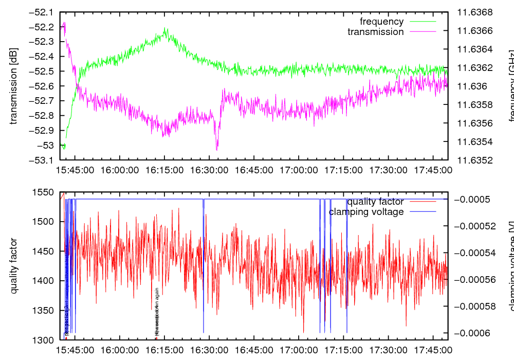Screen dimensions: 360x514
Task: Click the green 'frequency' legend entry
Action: pyautogui.click(x=381, y=22)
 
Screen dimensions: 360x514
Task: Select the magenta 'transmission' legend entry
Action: pyautogui.click(x=376, y=32)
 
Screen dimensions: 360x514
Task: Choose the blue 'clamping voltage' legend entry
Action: pyautogui.click(x=366, y=212)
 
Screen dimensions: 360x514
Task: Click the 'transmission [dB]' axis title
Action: pyautogui.click(x=14, y=86)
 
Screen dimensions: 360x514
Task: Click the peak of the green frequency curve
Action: pyautogui.click(x=166, y=29)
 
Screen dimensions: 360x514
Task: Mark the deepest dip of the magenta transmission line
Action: pyautogui.click(x=217, y=149)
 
